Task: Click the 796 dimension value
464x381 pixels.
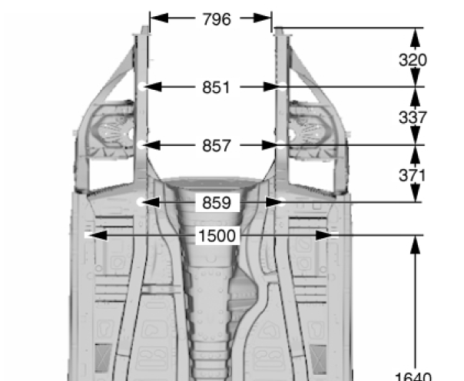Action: tap(217, 19)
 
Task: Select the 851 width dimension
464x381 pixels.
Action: tap(216, 88)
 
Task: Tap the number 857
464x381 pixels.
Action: tap(216, 146)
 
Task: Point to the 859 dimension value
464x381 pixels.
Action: tap(217, 203)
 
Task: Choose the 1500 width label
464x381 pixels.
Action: tap(217, 236)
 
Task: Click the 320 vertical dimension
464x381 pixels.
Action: tap(413, 60)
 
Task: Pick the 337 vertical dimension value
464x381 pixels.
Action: tap(413, 118)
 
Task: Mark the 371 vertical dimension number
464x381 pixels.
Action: tap(413, 176)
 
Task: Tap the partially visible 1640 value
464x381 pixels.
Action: tap(413, 376)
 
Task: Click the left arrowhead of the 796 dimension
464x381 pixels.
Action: tap(159, 18)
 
